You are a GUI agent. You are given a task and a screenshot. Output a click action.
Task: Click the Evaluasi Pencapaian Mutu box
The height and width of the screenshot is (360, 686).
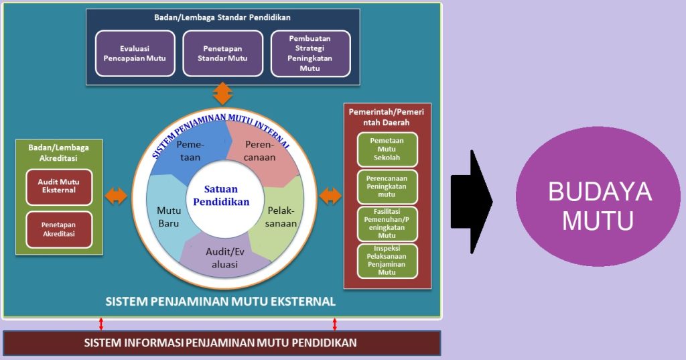tap(135, 54)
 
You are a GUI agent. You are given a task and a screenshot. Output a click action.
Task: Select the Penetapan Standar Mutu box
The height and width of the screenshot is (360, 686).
tap(222, 54)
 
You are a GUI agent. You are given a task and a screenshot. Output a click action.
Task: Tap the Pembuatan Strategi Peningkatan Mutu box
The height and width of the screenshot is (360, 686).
tap(311, 54)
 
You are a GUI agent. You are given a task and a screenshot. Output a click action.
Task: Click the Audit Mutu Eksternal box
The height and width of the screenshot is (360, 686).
tap(59, 187)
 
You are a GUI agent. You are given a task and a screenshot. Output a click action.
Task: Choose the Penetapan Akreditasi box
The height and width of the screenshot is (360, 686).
tap(59, 230)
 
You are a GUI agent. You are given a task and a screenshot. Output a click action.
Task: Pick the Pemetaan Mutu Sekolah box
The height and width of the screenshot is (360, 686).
tap(387, 149)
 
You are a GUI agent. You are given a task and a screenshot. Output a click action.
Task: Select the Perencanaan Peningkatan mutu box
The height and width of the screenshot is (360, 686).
tap(387, 187)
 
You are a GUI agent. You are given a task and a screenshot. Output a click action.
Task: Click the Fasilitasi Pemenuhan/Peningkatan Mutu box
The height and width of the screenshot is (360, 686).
tap(387, 224)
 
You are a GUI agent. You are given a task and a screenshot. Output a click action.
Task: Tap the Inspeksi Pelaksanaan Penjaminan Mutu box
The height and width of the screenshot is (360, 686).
tap(387, 261)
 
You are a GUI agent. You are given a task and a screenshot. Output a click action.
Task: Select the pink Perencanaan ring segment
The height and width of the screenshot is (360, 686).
tap(263, 151)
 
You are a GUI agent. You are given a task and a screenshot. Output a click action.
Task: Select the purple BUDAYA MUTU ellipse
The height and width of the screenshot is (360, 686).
tap(598, 196)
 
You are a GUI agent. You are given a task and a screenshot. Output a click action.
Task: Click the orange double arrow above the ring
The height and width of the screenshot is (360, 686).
tap(223, 93)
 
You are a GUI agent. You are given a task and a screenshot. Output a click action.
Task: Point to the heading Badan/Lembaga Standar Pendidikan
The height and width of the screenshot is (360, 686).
tap(222, 17)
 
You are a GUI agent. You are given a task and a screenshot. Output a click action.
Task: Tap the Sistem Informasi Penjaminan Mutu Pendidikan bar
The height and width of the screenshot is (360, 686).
tap(222, 343)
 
